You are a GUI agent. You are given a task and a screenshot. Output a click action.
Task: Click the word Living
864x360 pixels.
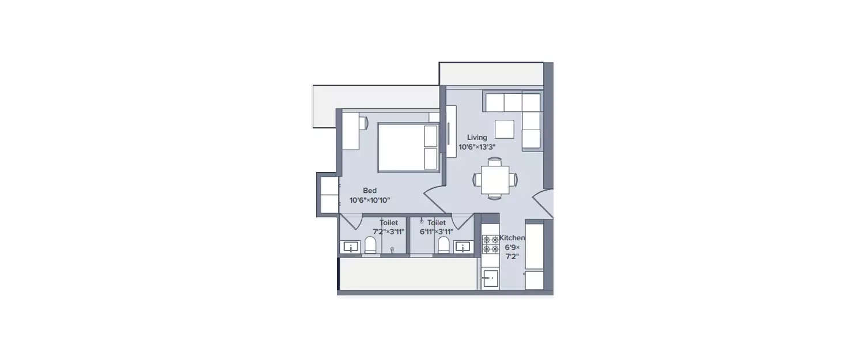(x=477, y=138)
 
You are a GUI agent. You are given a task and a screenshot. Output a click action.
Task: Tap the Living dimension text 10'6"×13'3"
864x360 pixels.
(x=477, y=147)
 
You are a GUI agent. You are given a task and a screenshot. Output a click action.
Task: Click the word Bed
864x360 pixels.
(x=370, y=191)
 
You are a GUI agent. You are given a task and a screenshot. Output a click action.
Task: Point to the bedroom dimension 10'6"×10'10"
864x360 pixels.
(x=370, y=200)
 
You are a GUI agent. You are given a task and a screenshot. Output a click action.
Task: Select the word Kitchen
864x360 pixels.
(x=511, y=238)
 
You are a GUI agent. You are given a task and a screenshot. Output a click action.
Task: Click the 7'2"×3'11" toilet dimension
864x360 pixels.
(x=389, y=232)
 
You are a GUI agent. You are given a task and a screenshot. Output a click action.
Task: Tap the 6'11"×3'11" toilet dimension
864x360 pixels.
(x=437, y=232)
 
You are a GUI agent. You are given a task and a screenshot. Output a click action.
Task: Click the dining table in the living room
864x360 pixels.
(x=495, y=179)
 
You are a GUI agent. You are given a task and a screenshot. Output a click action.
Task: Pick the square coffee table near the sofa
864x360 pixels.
(x=505, y=129)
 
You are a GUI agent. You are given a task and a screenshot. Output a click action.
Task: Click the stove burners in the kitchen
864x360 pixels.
(x=490, y=244)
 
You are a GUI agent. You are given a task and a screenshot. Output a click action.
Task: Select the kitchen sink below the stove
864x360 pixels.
(x=490, y=279)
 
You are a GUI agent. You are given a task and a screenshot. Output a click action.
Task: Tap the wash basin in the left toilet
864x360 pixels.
(x=350, y=247)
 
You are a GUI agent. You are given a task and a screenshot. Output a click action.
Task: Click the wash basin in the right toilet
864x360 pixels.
(x=462, y=247)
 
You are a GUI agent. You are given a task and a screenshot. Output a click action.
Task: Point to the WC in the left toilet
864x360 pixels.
(x=370, y=246)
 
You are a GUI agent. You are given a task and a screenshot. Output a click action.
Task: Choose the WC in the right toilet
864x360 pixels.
(x=444, y=245)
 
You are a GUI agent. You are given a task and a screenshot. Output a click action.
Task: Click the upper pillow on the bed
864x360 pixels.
(x=431, y=136)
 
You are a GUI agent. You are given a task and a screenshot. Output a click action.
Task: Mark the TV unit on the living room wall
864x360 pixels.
(x=451, y=131)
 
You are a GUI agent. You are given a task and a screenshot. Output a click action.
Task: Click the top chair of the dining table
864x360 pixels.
(x=495, y=161)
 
